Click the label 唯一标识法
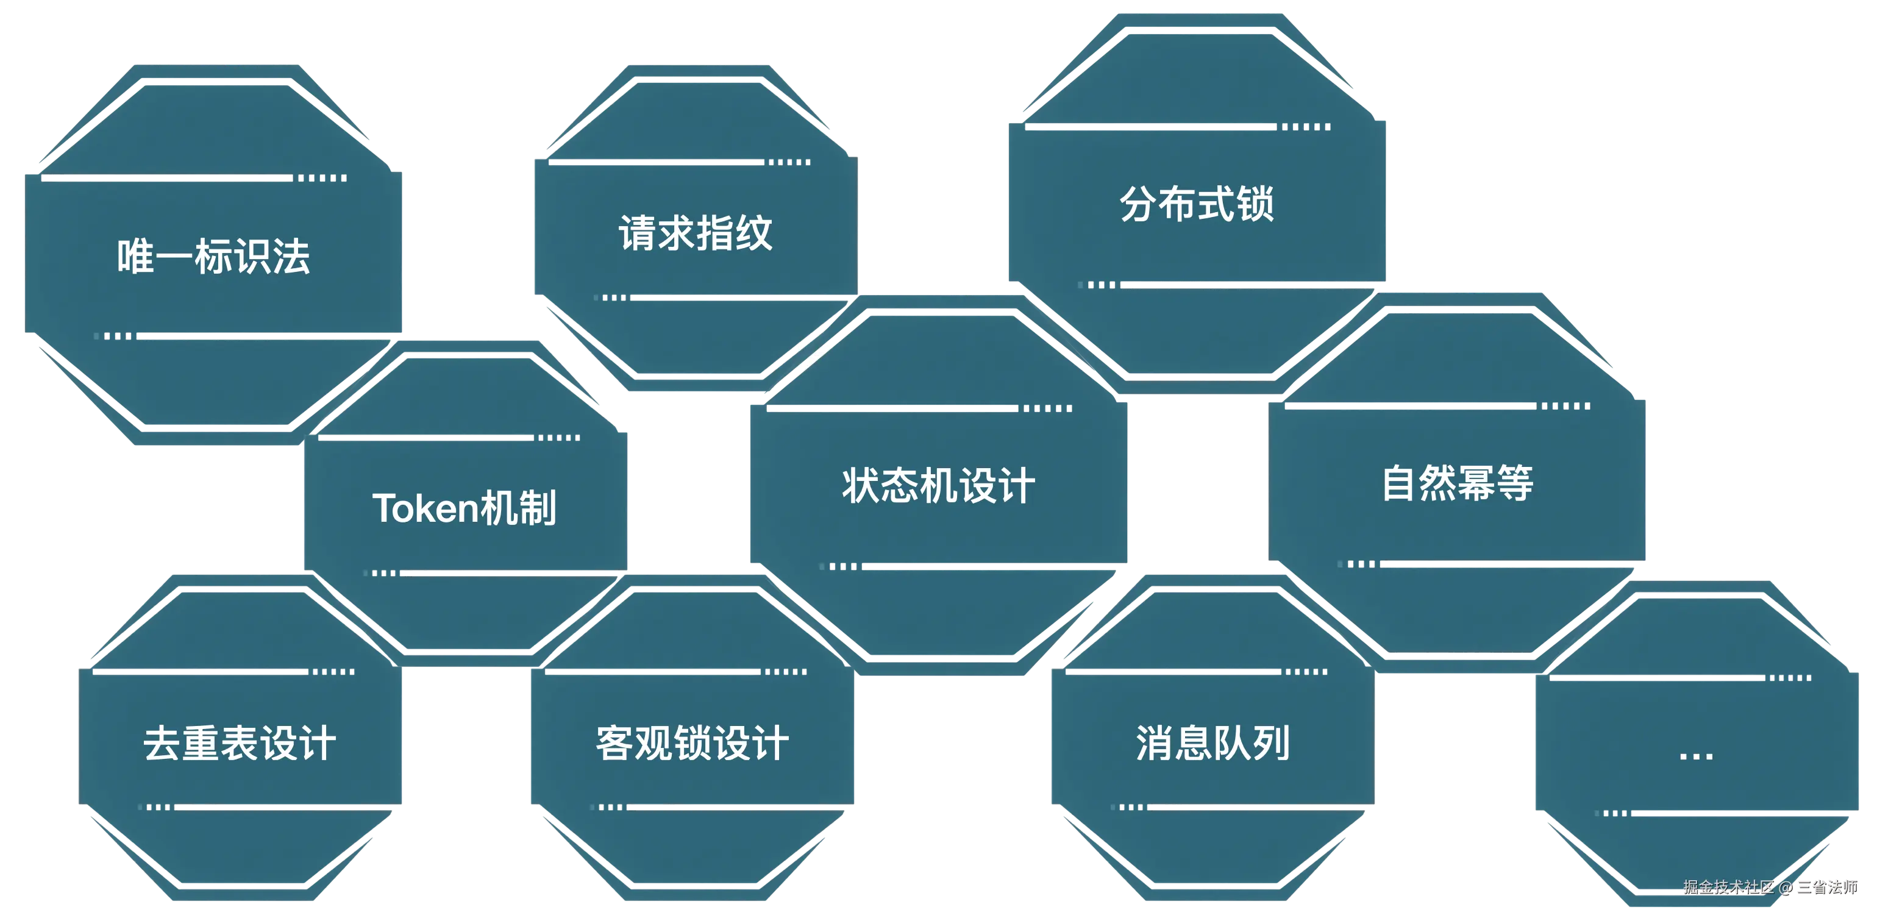click(x=214, y=257)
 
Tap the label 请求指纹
click(x=696, y=233)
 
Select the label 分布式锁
click(x=1197, y=204)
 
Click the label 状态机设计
click(x=939, y=486)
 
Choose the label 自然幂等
click(x=1458, y=483)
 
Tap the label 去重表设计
click(x=240, y=744)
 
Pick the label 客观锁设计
click(x=693, y=744)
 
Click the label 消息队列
click(x=1213, y=744)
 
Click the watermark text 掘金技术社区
click(x=1728, y=887)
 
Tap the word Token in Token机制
click(x=415, y=508)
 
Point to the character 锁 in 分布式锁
click(x=1255, y=204)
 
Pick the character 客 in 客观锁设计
click(x=614, y=744)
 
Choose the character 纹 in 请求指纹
click(x=754, y=233)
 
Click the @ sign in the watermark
click(x=1785, y=888)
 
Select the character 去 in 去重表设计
click(x=162, y=744)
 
